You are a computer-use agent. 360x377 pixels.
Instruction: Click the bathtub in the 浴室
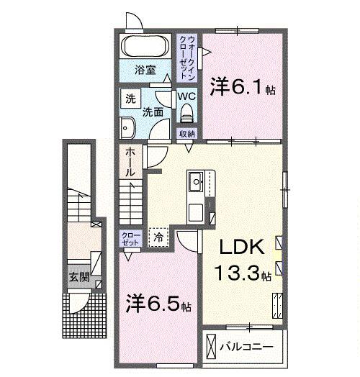[x=145, y=46]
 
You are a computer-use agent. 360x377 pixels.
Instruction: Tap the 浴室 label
[x=145, y=70]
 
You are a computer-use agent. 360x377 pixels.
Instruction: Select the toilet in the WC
[x=186, y=113]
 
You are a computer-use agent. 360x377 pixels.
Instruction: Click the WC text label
[x=186, y=96]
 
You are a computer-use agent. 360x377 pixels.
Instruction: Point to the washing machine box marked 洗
[x=130, y=99]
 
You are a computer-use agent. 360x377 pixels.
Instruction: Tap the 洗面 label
[x=153, y=112]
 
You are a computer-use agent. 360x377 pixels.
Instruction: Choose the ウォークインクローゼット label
[x=187, y=58]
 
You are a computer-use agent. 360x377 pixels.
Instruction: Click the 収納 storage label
[x=186, y=134]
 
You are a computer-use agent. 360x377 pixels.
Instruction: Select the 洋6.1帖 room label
[x=243, y=87]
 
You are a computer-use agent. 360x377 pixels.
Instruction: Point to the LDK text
[x=242, y=247]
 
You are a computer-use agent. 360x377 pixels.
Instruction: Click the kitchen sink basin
[x=196, y=181]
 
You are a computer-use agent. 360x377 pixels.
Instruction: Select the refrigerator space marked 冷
[x=158, y=237]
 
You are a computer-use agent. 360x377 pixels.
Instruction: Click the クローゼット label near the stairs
[x=130, y=239]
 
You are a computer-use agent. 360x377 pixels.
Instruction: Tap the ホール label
[x=130, y=162]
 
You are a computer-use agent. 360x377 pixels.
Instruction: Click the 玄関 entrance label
[x=79, y=277]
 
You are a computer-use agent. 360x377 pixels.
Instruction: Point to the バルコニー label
[x=246, y=347]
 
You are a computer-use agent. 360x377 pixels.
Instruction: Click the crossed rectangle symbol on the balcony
[x=210, y=346]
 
